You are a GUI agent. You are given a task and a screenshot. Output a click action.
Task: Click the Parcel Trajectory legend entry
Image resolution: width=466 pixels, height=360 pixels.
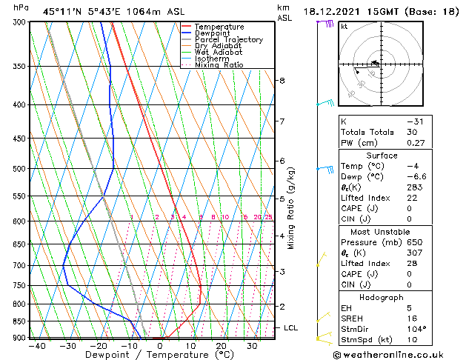point(227,39)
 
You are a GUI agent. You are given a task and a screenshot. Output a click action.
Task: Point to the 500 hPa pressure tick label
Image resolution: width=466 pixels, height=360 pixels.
point(19,169)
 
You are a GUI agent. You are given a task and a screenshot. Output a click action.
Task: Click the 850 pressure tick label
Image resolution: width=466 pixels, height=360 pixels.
point(19,321)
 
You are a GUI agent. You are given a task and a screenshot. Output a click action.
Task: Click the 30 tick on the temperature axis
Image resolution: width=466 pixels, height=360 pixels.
point(252,346)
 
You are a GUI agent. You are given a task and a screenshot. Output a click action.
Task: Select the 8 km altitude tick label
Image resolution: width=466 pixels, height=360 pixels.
point(282,80)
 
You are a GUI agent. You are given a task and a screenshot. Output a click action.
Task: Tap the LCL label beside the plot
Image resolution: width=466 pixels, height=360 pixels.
point(291,327)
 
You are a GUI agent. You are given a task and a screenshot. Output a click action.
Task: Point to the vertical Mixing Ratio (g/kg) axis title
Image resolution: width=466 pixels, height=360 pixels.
point(291,208)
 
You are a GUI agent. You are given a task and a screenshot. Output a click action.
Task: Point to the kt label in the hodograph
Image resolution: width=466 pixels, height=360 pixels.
point(344,27)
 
